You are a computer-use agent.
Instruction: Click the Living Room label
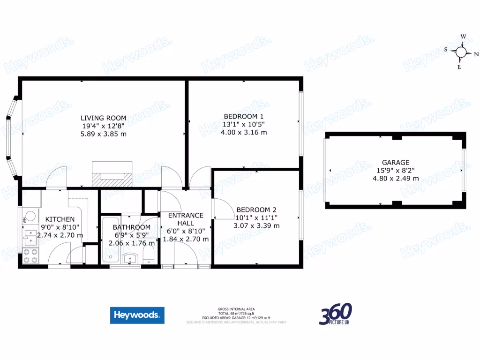click(x=103, y=118)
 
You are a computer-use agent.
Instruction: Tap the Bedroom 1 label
click(x=244, y=116)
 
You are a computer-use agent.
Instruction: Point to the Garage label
click(x=396, y=163)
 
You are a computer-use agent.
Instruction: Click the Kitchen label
click(x=60, y=219)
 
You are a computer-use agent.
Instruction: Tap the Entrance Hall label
click(x=186, y=219)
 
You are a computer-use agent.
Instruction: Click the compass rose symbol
click(x=461, y=52)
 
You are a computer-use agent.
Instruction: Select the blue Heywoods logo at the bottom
click(x=137, y=315)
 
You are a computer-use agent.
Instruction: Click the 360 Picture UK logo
click(x=336, y=314)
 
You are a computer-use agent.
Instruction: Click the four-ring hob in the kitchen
click(x=30, y=255)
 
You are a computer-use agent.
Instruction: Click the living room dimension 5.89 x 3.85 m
click(x=103, y=134)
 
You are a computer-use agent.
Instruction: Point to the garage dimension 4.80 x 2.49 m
click(x=396, y=178)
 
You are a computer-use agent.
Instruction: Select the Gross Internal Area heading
click(x=236, y=309)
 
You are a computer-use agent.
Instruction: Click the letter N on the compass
click(x=476, y=54)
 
